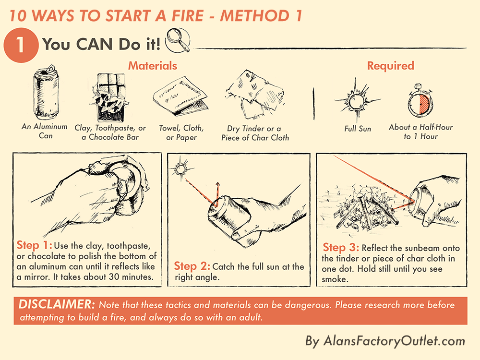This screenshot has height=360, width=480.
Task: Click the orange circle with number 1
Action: tap(21, 45)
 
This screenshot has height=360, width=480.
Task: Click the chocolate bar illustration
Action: tap(110, 97)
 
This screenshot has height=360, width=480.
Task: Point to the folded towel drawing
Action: tap(180, 96)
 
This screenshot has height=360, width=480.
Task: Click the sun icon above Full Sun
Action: tap(357, 101)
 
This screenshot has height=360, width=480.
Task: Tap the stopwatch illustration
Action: tap(420, 101)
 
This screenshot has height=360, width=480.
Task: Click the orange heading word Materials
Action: tap(153, 66)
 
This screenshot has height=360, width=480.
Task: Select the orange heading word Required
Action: tap(391, 66)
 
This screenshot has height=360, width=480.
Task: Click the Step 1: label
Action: tap(34, 245)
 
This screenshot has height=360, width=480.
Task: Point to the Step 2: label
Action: tap(192, 266)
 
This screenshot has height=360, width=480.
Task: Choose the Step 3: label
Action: tap(341, 247)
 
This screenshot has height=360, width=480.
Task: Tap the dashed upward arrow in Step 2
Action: tap(217, 194)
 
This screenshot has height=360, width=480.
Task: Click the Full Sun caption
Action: tap(358, 129)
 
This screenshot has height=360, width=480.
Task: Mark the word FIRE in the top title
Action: tap(188, 16)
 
